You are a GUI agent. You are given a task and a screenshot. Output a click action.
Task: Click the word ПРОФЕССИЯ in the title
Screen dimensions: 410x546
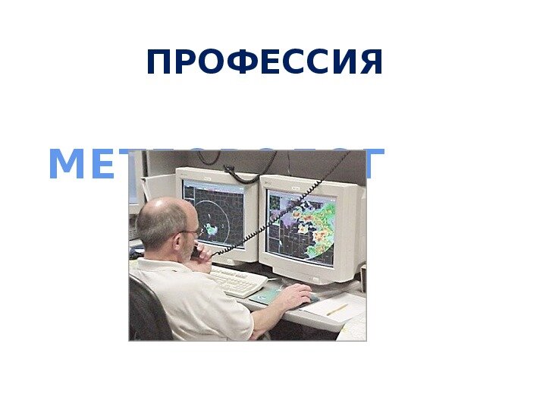[x=265, y=63]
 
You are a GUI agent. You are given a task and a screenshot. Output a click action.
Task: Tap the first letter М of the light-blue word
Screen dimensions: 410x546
[x=64, y=166]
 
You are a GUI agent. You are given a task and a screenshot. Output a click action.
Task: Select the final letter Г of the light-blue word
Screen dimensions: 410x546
[x=373, y=165]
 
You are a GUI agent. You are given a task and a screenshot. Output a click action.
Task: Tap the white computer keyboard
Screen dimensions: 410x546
[x=237, y=280]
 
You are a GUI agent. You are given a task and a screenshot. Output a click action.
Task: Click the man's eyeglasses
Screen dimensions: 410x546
[x=190, y=232]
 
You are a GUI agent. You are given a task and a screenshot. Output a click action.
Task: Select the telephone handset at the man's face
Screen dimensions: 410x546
[x=196, y=252]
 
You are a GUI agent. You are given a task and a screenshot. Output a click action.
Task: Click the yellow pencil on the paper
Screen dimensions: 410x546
[x=337, y=310]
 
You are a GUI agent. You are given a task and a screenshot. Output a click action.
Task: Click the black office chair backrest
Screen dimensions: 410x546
[x=148, y=311]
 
